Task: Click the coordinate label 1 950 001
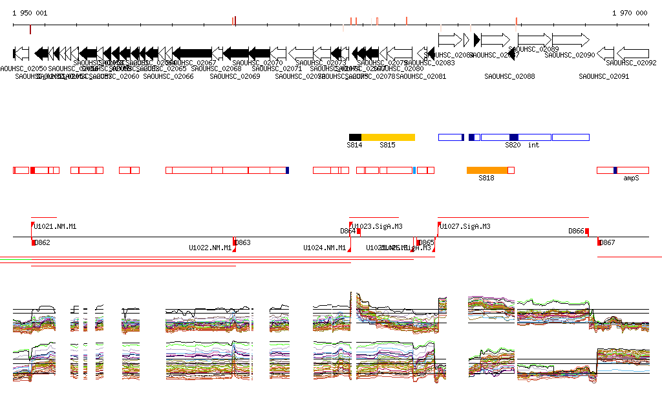(x=30, y=13)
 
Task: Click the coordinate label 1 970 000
(x=630, y=13)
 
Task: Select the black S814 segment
(x=355, y=137)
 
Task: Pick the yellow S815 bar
(x=388, y=137)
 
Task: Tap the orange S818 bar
(x=487, y=170)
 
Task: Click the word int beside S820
(x=533, y=145)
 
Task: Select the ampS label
(x=631, y=177)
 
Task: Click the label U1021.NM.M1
(x=55, y=226)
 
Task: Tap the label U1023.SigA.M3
(x=378, y=226)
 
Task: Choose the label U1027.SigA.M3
(x=465, y=226)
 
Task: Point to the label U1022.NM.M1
(x=210, y=248)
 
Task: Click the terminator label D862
(x=42, y=242)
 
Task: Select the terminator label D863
(x=242, y=242)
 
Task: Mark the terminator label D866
(x=576, y=231)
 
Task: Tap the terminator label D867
(x=607, y=242)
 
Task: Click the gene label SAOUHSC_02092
(x=631, y=63)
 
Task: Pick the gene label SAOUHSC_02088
(x=509, y=76)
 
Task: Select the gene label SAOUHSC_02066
(x=168, y=76)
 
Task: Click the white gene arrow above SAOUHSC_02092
(x=633, y=52)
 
